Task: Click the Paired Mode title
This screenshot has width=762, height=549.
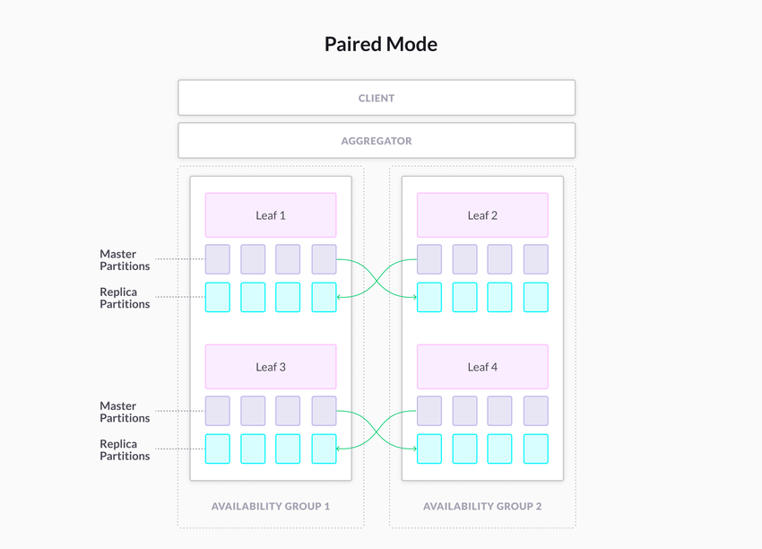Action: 380,44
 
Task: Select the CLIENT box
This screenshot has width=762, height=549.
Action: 377,98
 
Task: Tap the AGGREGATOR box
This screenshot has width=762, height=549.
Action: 377,141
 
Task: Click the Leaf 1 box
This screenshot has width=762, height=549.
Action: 271,215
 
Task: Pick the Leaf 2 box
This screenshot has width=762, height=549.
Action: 482,215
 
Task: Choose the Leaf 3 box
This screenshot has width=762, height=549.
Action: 271,367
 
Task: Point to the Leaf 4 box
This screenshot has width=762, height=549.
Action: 482,367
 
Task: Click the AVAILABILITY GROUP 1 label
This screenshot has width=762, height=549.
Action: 271,506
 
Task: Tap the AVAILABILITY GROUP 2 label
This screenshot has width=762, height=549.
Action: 482,506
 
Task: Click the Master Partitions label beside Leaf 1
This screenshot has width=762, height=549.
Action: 125,260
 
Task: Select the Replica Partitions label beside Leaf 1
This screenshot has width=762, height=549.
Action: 125,298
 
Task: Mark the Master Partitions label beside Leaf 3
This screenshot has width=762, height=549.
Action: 125,412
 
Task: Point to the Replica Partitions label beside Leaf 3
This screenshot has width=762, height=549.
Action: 125,449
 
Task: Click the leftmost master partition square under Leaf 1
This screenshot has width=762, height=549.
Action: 218,259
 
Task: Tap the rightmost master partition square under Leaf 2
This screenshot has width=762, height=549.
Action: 535,259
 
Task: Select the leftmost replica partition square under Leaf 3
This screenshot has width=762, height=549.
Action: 218,449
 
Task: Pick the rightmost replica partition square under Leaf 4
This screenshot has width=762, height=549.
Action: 535,449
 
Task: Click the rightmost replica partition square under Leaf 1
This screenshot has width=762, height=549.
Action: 324,297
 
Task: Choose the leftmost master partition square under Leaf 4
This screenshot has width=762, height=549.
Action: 429,411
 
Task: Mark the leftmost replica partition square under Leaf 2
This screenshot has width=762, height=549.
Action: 429,297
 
